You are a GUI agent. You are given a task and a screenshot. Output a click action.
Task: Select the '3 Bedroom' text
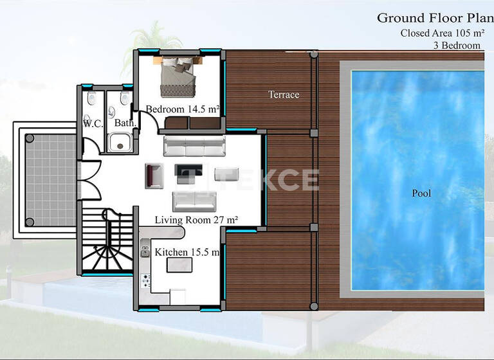click(x=457, y=46)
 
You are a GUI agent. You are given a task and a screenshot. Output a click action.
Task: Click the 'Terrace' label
click(x=284, y=94)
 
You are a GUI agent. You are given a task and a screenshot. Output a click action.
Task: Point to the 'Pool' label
click(x=421, y=193)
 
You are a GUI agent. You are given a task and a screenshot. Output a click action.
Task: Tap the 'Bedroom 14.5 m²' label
click(x=183, y=109)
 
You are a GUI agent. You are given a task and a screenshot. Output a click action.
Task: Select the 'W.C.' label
click(x=93, y=123)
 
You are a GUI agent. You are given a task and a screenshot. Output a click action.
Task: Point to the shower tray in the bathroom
click(x=120, y=141)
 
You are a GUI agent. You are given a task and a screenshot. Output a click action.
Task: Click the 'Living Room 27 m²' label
click(x=196, y=220)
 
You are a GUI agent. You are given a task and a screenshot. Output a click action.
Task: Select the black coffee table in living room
click(x=188, y=172)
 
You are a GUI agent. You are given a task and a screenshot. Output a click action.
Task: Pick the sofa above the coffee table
click(x=194, y=146)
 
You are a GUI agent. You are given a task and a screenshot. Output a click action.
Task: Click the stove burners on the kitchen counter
click(x=146, y=280)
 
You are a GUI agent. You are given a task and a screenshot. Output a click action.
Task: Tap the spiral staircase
click(x=107, y=241)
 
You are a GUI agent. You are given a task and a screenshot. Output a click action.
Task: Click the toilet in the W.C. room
click(x=91, y=98)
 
